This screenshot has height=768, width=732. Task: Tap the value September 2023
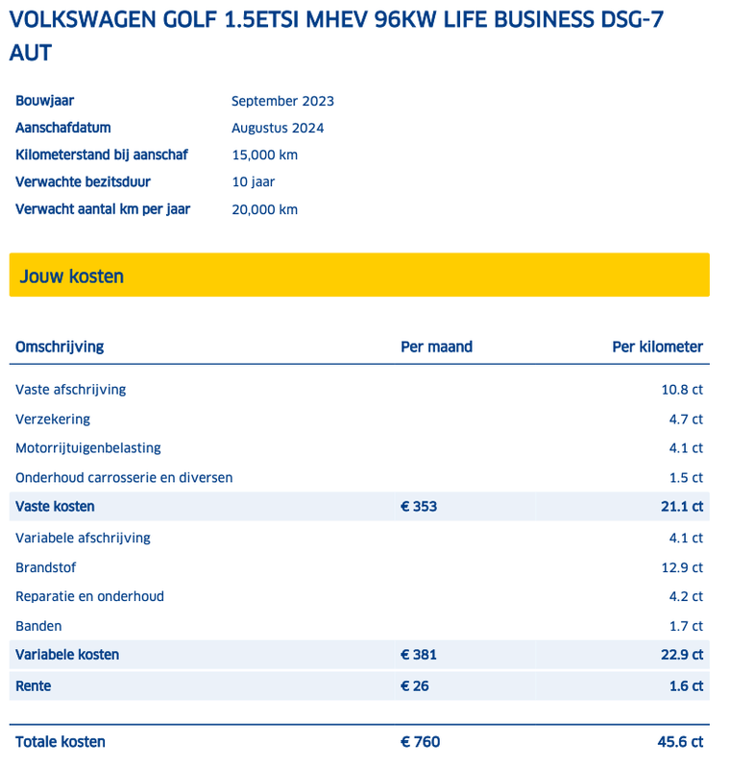[282, 101]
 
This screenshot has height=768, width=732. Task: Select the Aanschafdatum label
[63, 128]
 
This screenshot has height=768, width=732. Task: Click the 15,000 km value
[265, 155]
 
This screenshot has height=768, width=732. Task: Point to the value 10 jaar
[255, 181]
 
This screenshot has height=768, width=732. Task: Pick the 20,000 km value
[265, 209]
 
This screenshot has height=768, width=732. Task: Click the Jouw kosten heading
[72, 276]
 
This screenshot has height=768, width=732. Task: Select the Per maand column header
[436, 347]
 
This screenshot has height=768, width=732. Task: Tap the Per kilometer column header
[657, 347]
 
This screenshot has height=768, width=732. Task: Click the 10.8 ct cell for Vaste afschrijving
[682, 390]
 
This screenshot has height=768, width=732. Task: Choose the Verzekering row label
[53, 419]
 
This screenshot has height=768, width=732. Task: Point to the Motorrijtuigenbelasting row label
[88, 447]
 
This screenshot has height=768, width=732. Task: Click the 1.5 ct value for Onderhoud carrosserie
[686, 477]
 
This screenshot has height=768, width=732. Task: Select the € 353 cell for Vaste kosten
[419, 506]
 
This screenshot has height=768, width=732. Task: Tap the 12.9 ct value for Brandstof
[682, 567]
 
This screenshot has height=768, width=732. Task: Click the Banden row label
[38, 626]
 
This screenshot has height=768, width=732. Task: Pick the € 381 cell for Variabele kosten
[419, 655]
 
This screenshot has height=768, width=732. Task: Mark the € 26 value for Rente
[415, 685]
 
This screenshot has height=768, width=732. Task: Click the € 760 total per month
[420, 741]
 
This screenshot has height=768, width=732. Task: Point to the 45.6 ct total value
[681, 741]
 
